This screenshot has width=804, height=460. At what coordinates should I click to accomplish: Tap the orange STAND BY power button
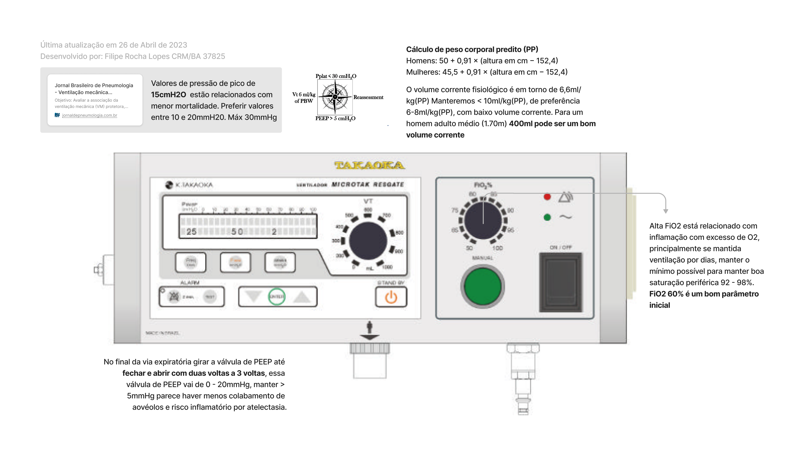[x=391, y=297]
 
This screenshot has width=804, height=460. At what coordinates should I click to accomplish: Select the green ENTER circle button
[x=277, y=297]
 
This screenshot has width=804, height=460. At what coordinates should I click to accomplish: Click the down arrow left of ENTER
[x=253, y=297]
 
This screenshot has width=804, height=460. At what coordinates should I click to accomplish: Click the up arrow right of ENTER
[x=302, y=297]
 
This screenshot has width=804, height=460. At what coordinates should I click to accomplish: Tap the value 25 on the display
[x=191, y=232]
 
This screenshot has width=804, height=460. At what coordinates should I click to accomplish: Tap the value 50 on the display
[x=237, y=232]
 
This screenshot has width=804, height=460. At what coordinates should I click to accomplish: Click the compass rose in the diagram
[x=335, y=97]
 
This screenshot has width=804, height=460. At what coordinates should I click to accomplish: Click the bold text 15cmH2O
[x=168, y=95]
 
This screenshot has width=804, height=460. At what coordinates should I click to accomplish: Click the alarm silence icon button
[x=174, y=297]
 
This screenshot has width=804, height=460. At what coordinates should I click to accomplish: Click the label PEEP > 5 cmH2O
[x=335, y=118]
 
